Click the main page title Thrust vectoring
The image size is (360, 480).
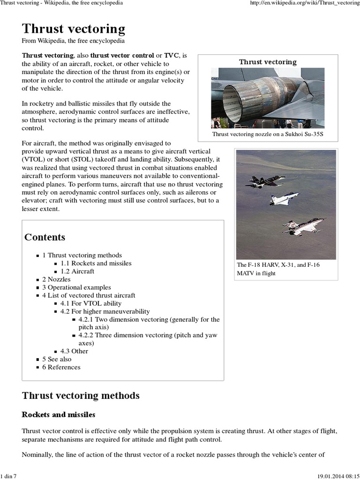(x=74, y=29)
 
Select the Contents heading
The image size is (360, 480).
(x=45, y=237)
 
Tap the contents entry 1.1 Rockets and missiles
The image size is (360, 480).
(x=96, y=263)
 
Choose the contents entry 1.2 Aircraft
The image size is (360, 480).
(x=77, y=271)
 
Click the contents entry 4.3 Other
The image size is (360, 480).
(x=74, y=351)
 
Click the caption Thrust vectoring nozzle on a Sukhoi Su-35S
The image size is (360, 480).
(x=268, y=135)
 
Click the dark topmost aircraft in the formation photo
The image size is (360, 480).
(x=265, y=181)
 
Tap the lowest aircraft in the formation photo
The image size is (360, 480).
(x=303, y=227)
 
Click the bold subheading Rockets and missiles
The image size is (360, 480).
(x=59, y=415)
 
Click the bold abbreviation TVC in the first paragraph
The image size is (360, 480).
(x=172, y=55)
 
